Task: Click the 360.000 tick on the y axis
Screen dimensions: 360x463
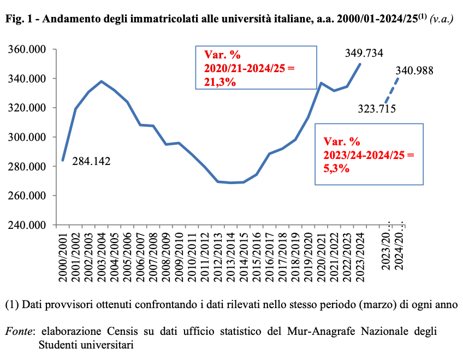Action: click(27, 50)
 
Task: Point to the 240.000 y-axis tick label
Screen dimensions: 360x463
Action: click(27, 225)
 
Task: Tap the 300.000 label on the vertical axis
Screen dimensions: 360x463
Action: click(27, 137)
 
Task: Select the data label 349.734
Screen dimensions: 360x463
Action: click(364, 53)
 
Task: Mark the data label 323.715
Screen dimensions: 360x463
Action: click(377, 108)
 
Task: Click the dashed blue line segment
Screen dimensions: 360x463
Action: click(392, 90)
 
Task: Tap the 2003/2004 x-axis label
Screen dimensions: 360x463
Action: click(102, 256)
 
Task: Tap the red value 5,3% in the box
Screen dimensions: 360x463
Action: click(337, 168)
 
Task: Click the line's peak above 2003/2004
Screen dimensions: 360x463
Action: click(102, 81)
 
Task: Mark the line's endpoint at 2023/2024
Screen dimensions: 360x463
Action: click(360, 64)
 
